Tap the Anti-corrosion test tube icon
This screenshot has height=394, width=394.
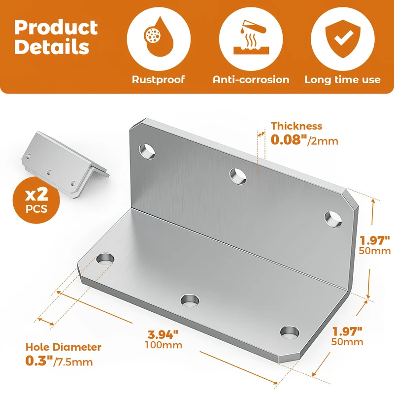251,37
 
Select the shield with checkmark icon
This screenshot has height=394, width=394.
343,39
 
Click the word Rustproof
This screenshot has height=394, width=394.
158,80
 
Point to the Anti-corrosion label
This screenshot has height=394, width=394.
251,80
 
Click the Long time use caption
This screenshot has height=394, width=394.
342,80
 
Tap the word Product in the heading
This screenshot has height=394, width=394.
56,28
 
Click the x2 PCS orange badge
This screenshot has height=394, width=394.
36,200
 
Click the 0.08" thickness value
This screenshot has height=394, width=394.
289,139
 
